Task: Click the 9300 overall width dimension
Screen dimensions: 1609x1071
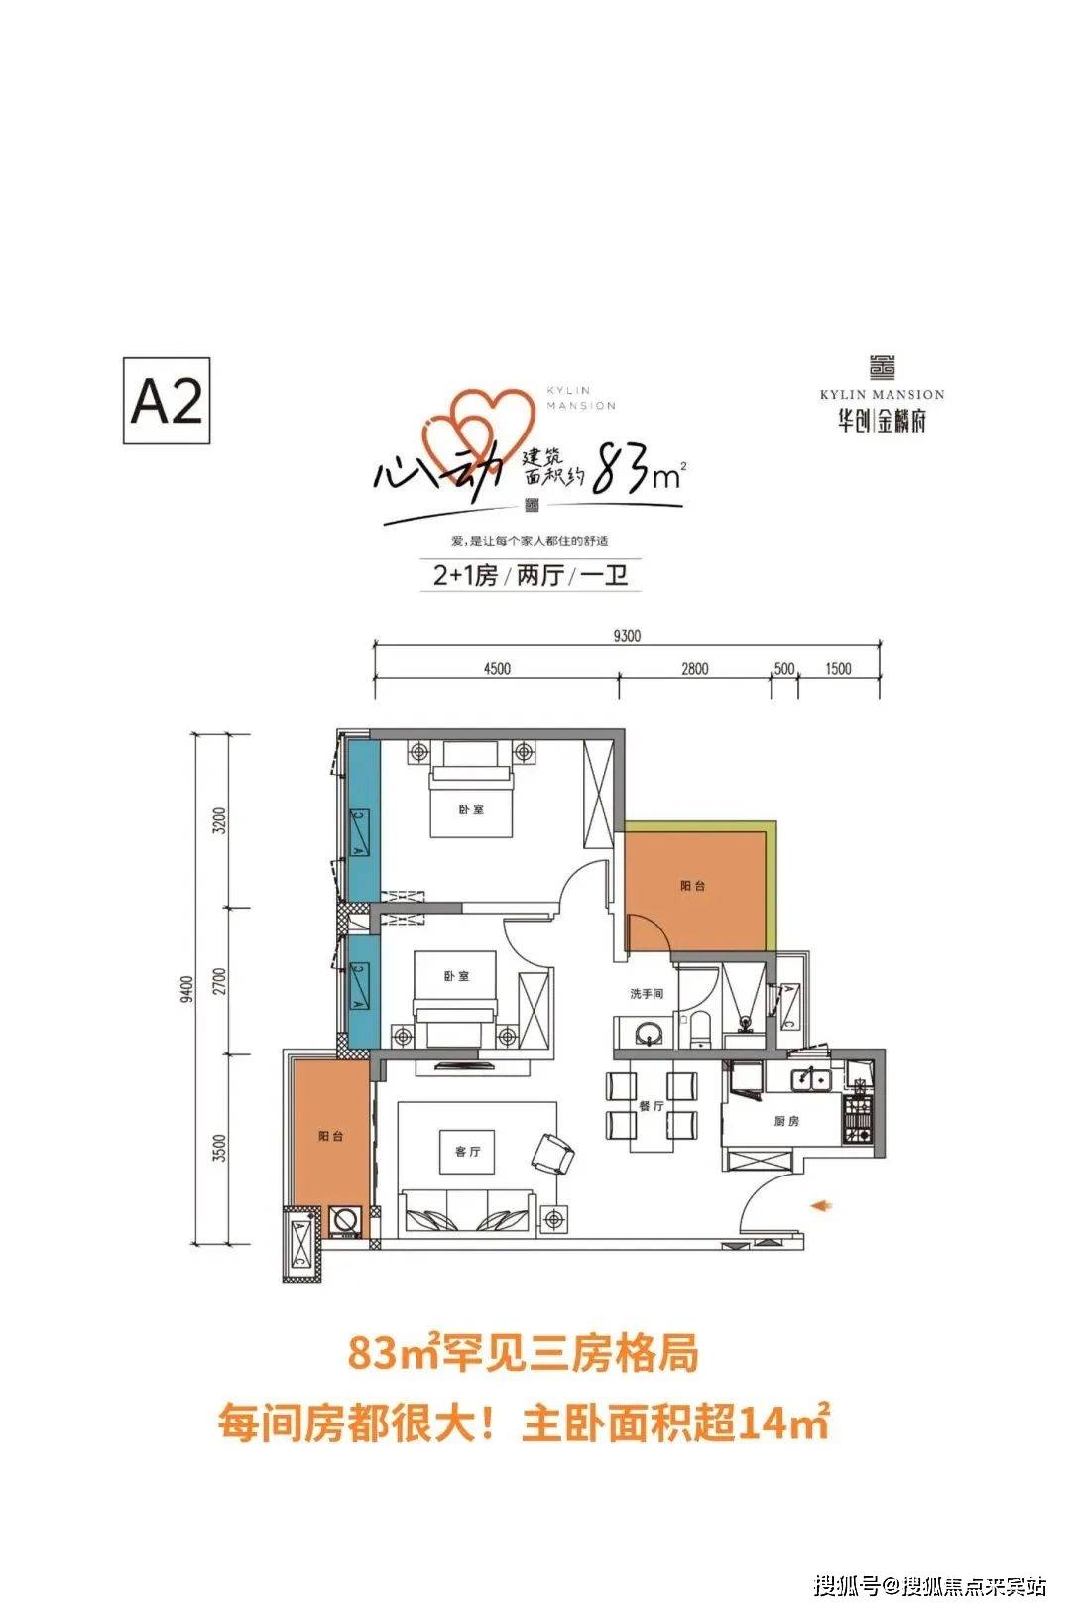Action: (x=627, y=637)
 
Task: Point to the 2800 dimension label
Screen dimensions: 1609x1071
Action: (x=694, y=669)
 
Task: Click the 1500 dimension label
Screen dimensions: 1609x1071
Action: (x=838, y=669)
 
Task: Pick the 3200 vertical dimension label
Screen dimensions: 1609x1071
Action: (x=220, y=820)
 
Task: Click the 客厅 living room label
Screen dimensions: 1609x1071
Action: (x=467, y=1152)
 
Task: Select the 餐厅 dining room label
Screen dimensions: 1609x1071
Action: (x=651, y=1105)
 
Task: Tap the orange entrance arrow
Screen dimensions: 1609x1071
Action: (x=820, y=1205)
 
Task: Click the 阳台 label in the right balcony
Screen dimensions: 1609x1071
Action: (x=693, y=886)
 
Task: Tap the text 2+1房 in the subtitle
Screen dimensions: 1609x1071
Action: (x=465, y=575)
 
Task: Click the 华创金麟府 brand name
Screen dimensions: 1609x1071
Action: (x=882, y=421)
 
